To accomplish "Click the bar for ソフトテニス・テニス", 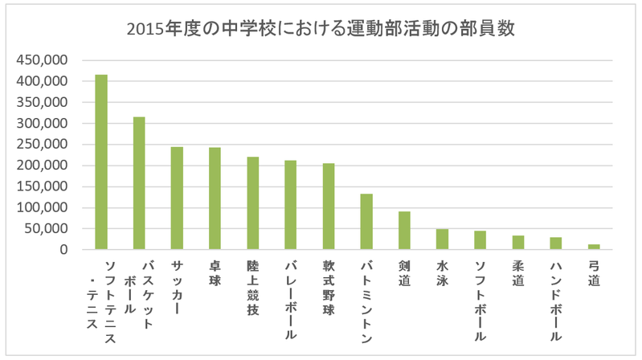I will tap(101, 162).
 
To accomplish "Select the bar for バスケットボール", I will tap(139, 183).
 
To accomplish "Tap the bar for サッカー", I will tap(177, 198).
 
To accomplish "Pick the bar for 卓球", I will tap(215, 198).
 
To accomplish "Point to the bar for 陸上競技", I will tap(252, 203).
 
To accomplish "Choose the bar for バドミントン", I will tap(366, 222).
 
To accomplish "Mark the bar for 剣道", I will tap(404, 231).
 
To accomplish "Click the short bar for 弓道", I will tap(594, 247).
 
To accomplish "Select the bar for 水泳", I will tap(442, 239).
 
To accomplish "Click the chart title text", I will tap(321, 30).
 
